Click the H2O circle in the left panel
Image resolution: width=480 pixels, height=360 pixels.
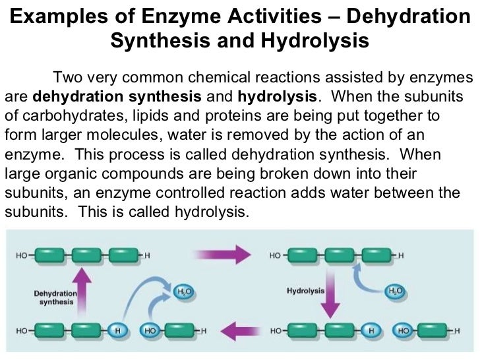click(x=183, y=291)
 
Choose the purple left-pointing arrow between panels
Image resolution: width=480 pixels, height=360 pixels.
click(x=242, y=328)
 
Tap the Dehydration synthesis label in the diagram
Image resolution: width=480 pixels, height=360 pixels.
click(x=55, y=297)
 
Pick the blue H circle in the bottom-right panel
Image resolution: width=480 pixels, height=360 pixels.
click(x=373, y=330)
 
